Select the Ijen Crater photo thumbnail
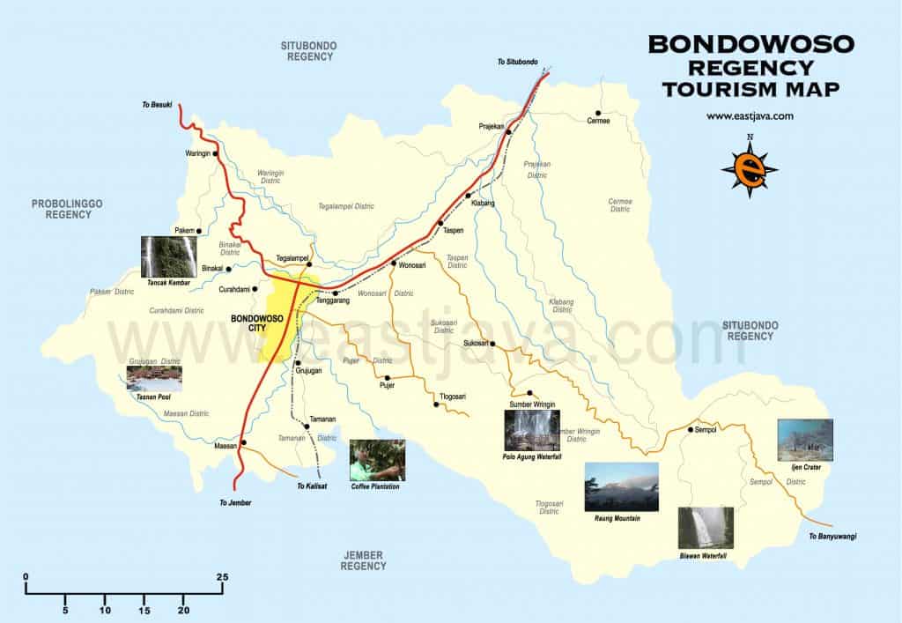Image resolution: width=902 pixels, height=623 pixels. [800, 440]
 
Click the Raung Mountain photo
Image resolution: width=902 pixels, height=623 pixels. [621, 486]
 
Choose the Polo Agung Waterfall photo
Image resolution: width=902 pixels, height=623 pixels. [531, 430]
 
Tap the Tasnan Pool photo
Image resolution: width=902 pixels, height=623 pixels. [154, 379]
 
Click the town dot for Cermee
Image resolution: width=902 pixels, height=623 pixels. [598, 114]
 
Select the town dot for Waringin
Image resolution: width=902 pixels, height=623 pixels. [214, 153]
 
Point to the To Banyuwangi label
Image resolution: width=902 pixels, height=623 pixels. [832, 537]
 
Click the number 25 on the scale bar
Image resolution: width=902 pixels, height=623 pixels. [222, 577]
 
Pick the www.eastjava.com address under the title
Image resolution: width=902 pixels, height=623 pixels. [750, 116]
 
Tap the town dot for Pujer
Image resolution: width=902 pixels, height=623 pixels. [387, 377]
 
